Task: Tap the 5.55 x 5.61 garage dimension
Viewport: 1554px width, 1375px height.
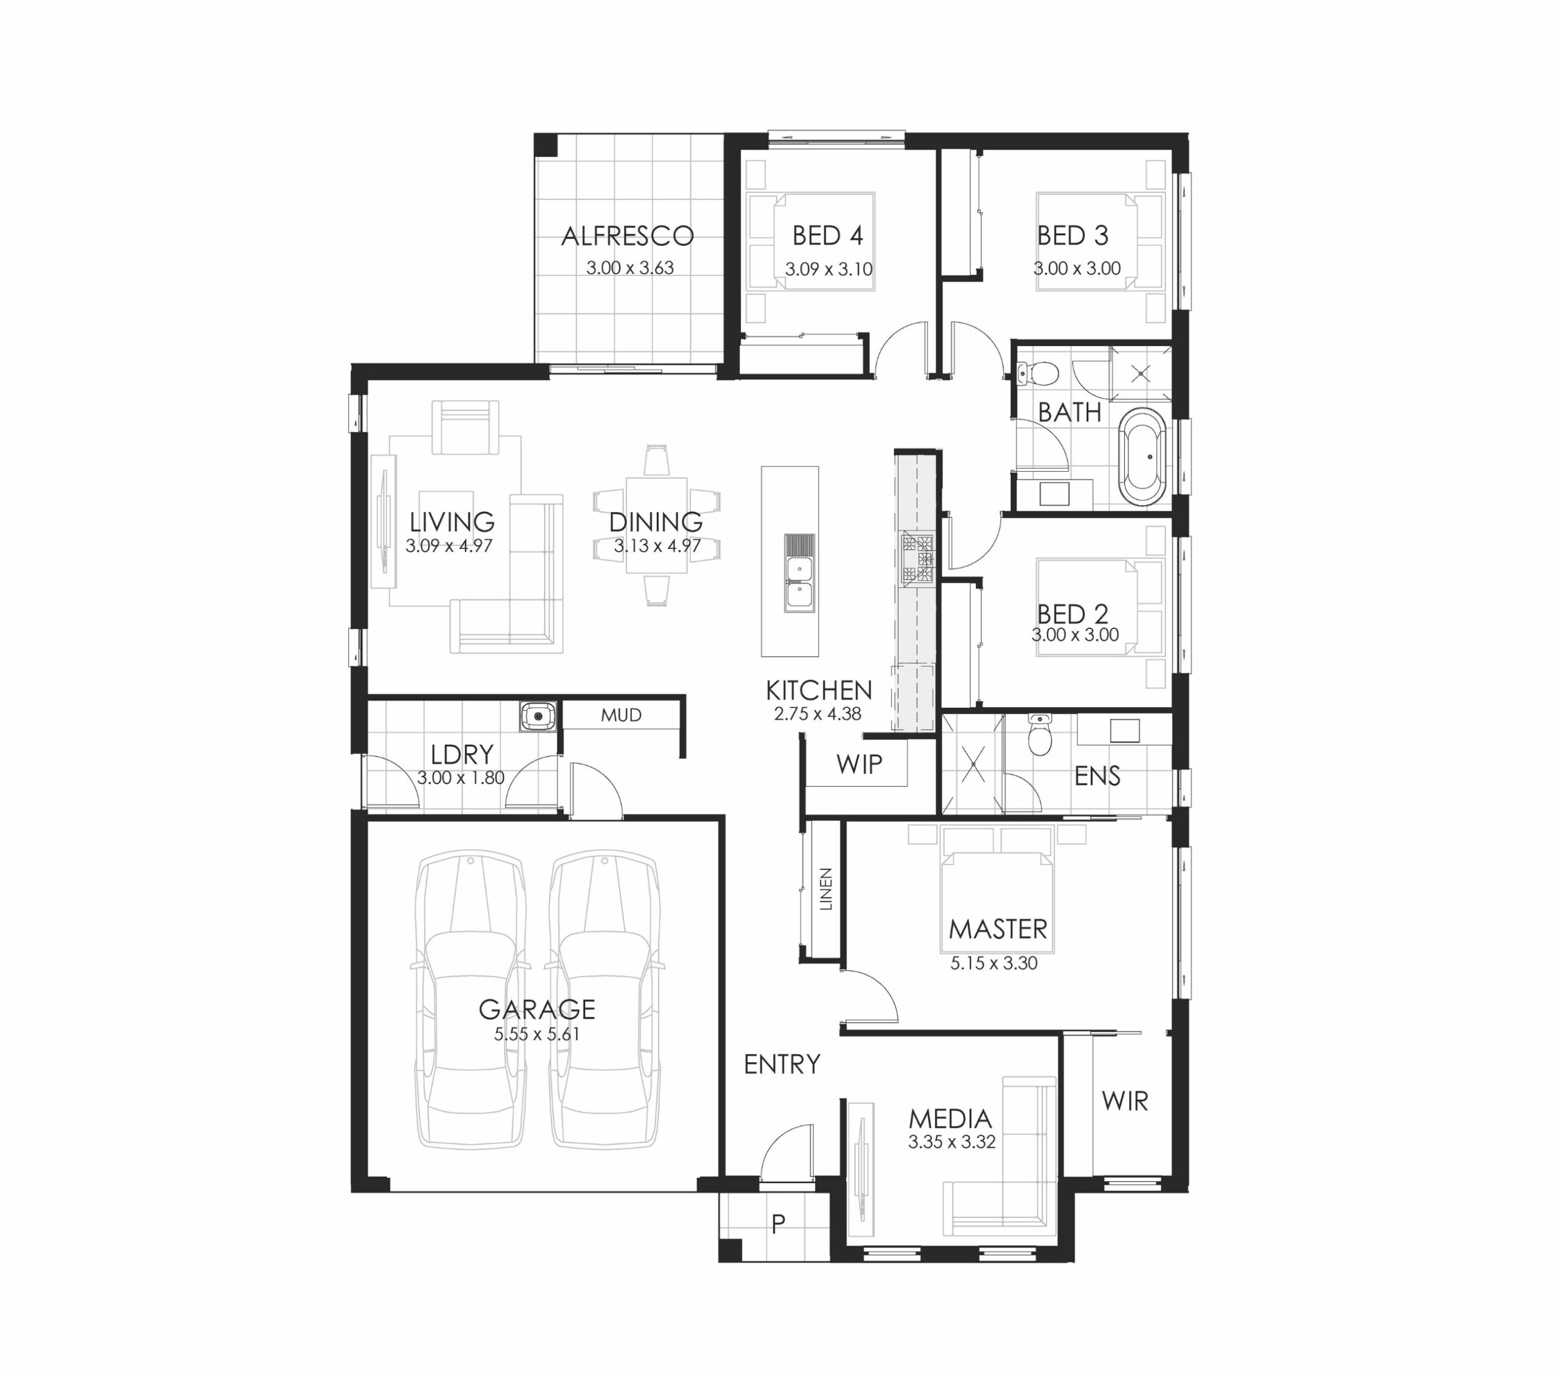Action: pos(537,1034)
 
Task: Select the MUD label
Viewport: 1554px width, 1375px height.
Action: pos(621,715)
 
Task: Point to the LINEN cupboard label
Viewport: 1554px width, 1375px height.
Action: pos(826,888)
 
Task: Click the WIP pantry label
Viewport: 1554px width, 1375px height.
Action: pos(859,764)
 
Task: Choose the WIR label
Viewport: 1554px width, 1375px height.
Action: pos(1124,1101)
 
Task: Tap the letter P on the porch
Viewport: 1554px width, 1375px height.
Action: pos(778,1224)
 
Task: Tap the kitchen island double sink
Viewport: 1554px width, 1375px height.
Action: pos(799,572)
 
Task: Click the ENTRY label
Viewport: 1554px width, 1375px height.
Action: pos(782,1064)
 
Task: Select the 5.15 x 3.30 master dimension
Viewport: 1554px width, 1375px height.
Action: pos(994,963)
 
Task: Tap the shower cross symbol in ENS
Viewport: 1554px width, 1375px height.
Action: pos(973,764)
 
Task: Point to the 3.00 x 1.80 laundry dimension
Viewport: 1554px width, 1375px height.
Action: pos(461,778)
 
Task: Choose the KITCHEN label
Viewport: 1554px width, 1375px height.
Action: pos(819,691)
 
